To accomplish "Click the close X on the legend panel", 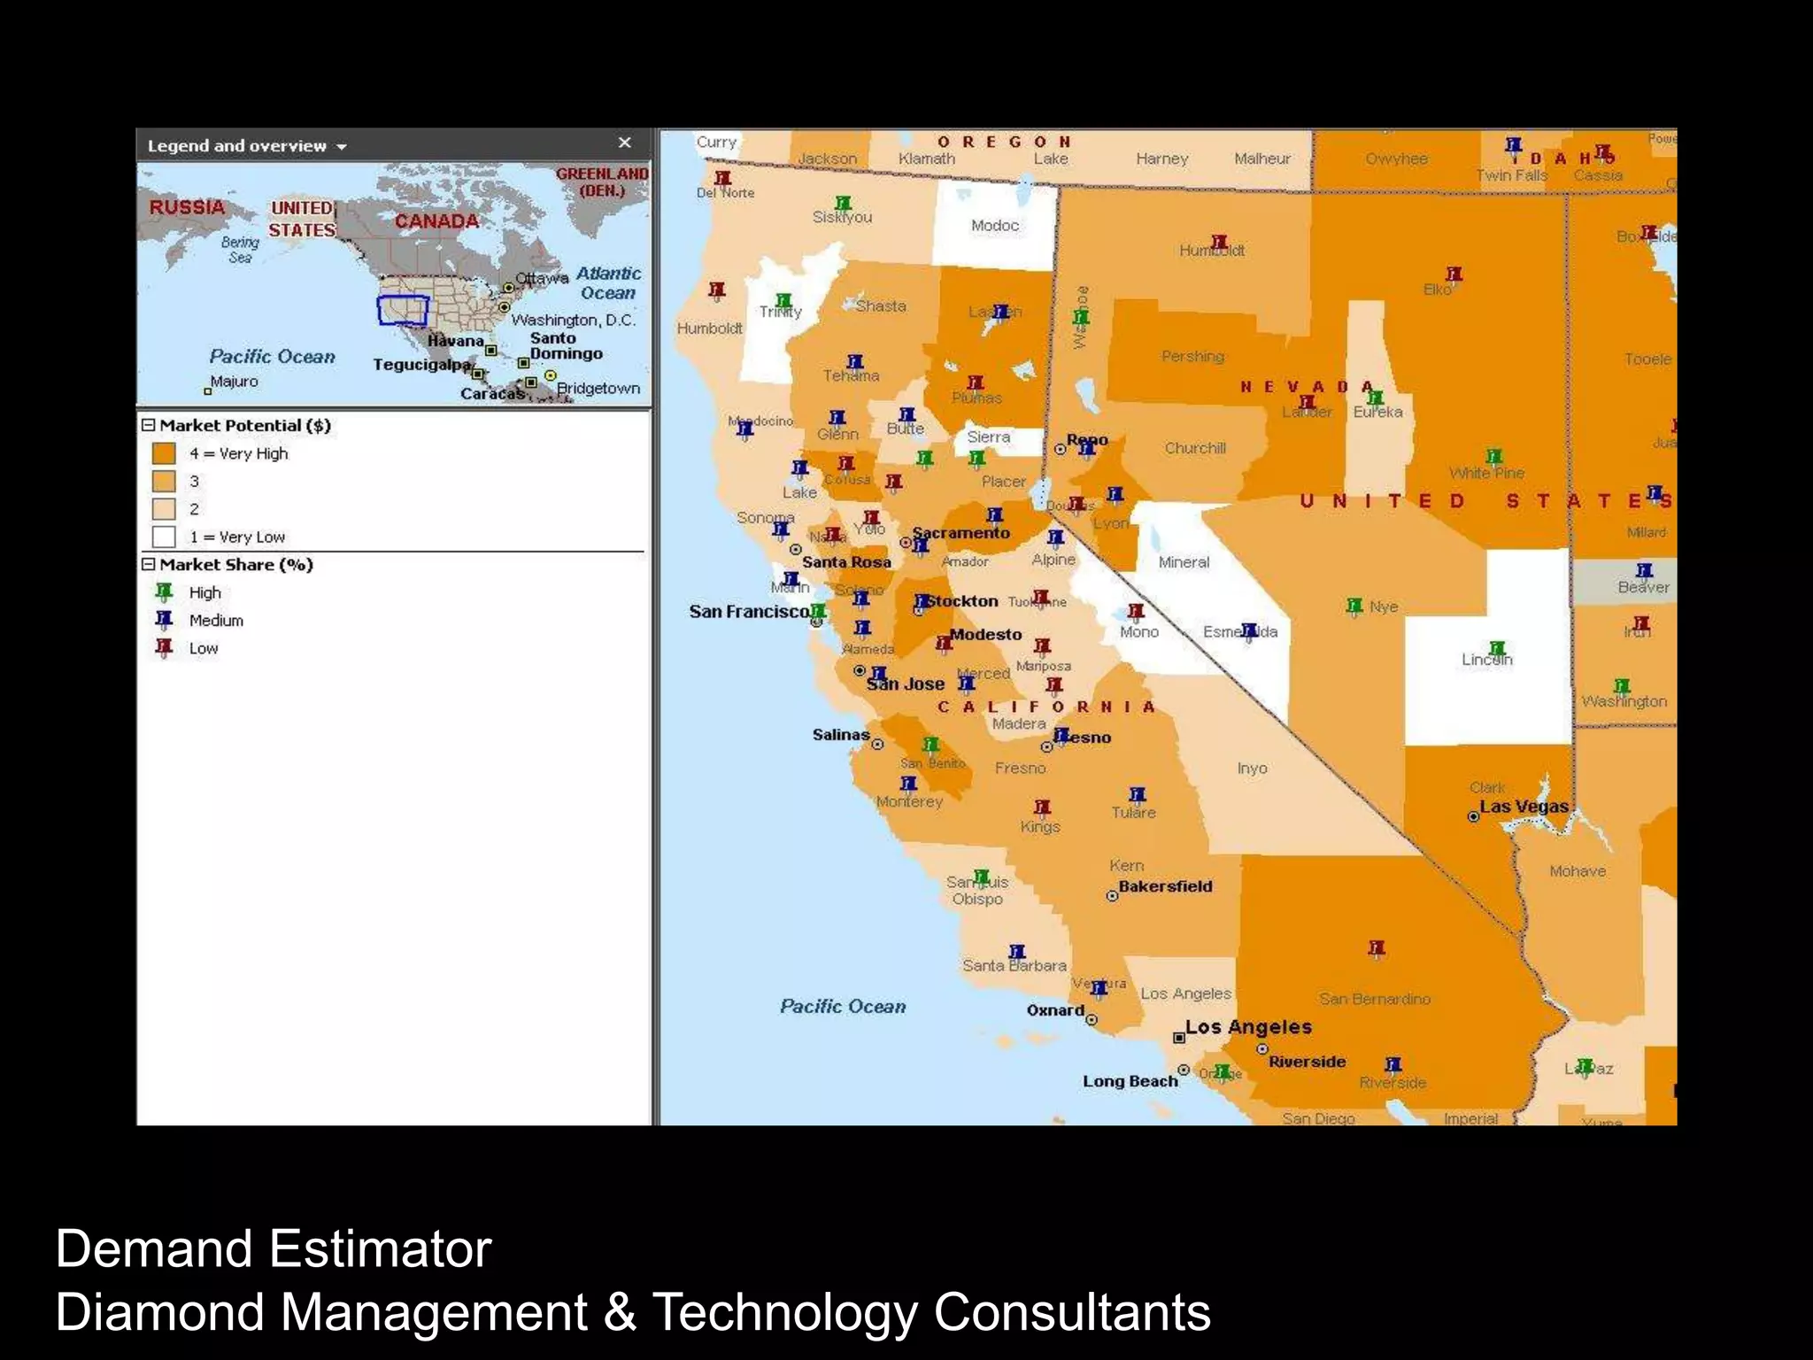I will click(x=624, y=143).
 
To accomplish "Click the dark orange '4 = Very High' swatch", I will click(x=164, y=453).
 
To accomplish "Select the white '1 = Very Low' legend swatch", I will click(x=164, y=537).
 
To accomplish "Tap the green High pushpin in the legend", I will click(x=164, y=591).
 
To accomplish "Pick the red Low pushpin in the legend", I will click(x=164, y=647).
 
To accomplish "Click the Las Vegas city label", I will click(x=1524, y=807).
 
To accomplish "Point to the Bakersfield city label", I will click(x=1165, y=886).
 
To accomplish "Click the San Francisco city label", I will click(x=749, y=611).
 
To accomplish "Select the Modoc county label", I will click(x=995, y=226).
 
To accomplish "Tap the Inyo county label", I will click(x=1252, y=769).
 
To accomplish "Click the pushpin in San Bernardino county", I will click(x=1376, y=949).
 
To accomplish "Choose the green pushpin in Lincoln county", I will click(x=1497, y=650).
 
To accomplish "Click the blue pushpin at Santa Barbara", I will click(x=1017, y=953).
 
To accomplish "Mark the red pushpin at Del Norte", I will click(x=723, y=179).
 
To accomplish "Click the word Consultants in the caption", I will click(x=1072, y=1312).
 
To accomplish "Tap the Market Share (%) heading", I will click(x=235, y=565).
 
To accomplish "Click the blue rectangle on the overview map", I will click(x=403, y=311).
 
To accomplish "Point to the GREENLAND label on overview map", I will click(x=602, y=174).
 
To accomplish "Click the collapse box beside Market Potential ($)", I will click(x=149, y=425).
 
